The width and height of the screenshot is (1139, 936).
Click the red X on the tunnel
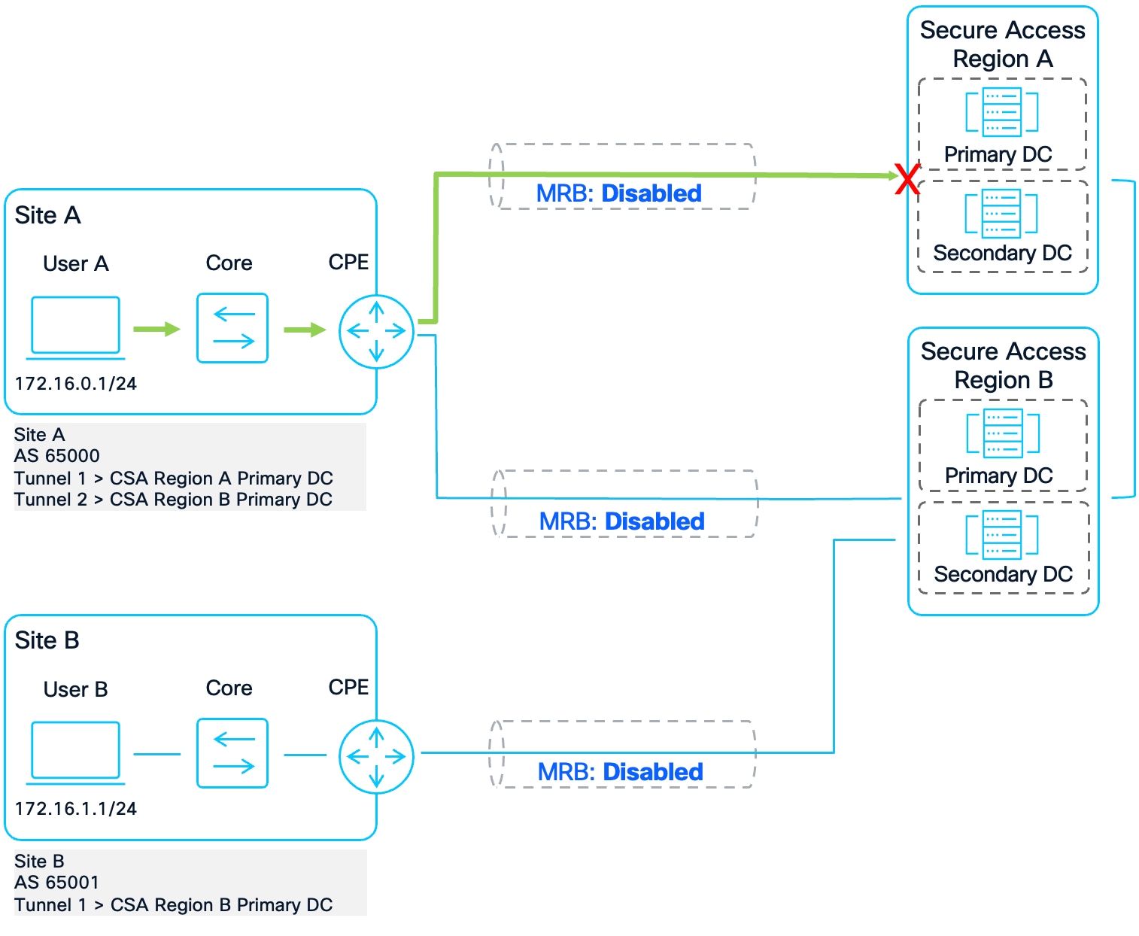click(x=907, y=179)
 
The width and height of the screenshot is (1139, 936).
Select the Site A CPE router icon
click(x=376, y=331)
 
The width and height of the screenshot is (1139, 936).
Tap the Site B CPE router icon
click(x=376, y=756)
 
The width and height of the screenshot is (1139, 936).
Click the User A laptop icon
click(x=75, y=327)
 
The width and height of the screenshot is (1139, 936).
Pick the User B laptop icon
click(x=75, y=752)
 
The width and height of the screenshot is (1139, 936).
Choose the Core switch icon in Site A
click(x=232, y=328)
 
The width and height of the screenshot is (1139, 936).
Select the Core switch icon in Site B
click(x=232, y=753)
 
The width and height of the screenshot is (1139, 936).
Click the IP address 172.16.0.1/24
click(x=75, y=384)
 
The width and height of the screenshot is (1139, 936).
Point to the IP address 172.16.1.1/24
click(x=75, y=809)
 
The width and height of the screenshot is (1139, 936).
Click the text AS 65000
click(x=57, y=456)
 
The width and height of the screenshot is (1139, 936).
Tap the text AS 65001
click(x=57, y=882)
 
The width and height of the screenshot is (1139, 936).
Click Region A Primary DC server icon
click(x=1002, y=112)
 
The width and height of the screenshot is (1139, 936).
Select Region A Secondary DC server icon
click(x=1001, y=214)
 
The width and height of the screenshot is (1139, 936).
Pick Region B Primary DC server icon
click(x=1003, y=433)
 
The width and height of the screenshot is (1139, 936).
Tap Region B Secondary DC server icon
click(x=1002, y=534)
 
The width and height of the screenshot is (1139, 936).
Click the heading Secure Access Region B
click(x=1003, y=366)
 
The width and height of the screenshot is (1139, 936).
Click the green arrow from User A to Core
click(x=156, y=329)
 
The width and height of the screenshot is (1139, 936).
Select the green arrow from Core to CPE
click(x=305, y=330)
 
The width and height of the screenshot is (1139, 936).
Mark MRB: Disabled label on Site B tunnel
click(x=620, y=772)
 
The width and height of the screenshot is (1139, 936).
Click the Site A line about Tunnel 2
click(x=173, y=500)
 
